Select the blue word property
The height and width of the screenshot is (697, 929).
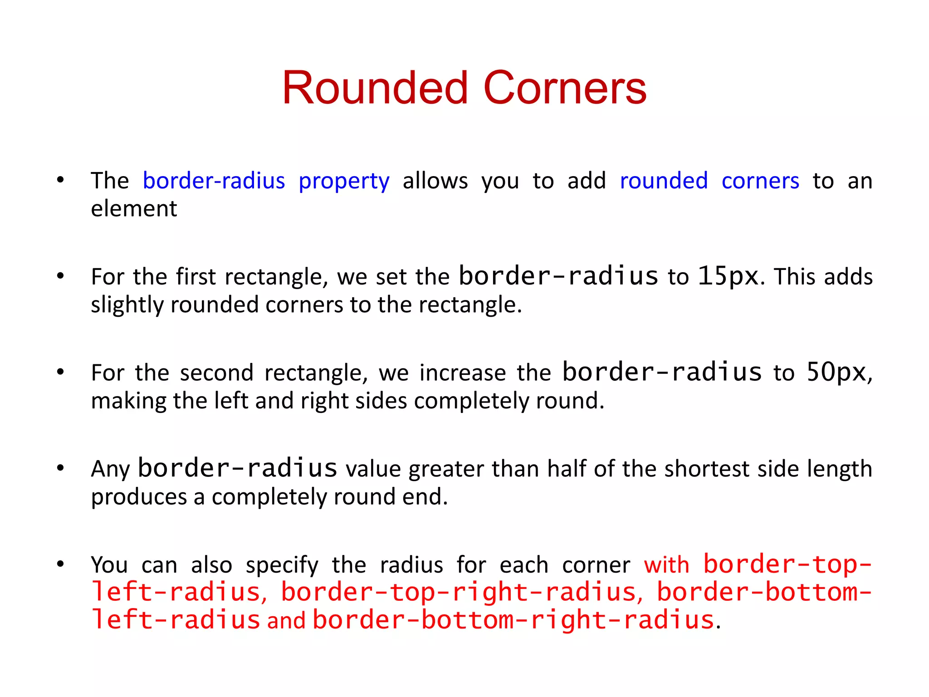[344, 182]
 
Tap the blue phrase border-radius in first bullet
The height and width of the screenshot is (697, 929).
[214, 181]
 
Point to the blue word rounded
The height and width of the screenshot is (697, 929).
[664, 181]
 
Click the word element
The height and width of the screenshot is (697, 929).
[134, 209]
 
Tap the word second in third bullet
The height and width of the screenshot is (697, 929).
[216, 373]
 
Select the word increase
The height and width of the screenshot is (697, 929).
[462, 373]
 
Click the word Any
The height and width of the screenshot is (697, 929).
[110, 469]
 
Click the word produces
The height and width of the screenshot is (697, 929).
[139, 497]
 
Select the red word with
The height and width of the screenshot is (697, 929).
[666, 565]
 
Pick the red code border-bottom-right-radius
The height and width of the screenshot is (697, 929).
[513, 620]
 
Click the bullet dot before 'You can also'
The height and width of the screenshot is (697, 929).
[60, 564]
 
